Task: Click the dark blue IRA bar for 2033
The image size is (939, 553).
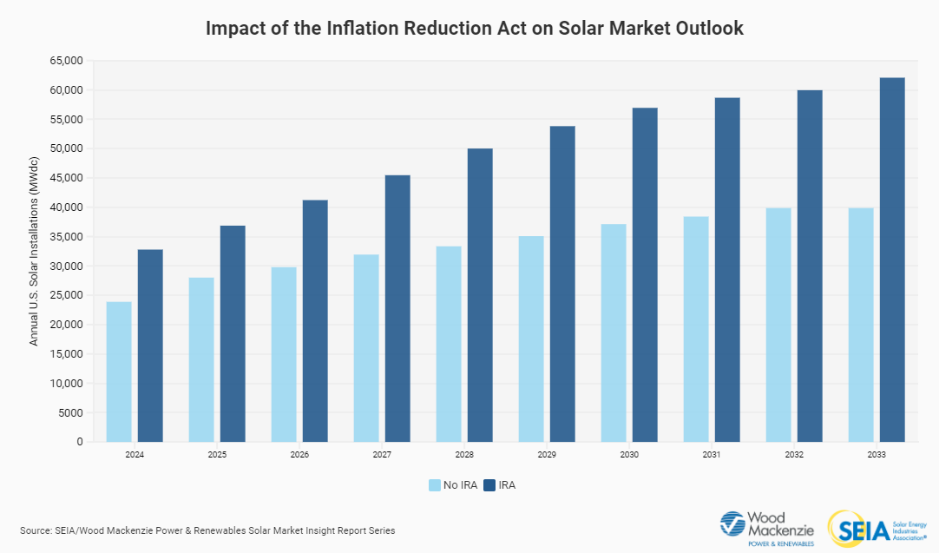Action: click(x=892, y=260)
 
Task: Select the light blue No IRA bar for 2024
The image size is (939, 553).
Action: click(x=119, y=372)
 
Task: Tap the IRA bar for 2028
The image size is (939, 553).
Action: click(x=480, y=295)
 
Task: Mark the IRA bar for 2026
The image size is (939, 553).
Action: click(x=315, y=321)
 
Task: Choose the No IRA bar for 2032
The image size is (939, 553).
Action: click(x=778, y=325)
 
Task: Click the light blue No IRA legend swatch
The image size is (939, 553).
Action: click(x=434, y=485)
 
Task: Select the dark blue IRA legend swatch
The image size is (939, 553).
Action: click(x=490, y=485)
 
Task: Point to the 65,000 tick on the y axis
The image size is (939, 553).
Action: click(x=66, y=61)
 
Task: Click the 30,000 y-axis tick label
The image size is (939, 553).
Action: click(x=66, y=266)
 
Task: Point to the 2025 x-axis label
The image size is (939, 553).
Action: click(x=217, y=455)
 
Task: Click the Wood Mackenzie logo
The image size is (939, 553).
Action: click(x=768, y=528)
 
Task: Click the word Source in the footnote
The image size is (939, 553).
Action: click(x=36, y=530)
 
